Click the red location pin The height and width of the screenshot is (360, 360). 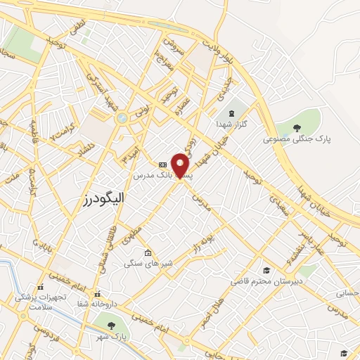[x=181, y=165]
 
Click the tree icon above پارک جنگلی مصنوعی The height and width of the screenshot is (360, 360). [x=297, y=127]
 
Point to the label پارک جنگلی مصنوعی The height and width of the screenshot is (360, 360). [x=297, y=139]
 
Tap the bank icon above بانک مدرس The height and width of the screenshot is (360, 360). [x=163, y=163]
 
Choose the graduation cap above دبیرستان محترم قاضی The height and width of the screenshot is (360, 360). [x=266, y=271]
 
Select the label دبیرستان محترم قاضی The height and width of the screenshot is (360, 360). [x=266, y=281]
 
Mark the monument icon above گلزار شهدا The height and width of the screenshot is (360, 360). [x=231, y=112]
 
